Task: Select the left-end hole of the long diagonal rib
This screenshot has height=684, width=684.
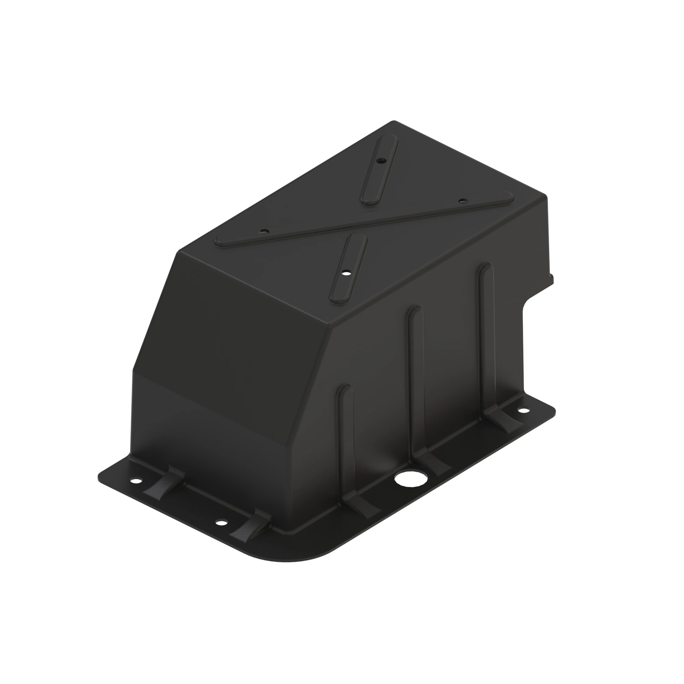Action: click(x=263, y=231)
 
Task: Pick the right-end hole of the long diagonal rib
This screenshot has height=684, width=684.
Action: click(x=462, y=201)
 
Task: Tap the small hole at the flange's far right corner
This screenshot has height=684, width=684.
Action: click(x=523, y=411)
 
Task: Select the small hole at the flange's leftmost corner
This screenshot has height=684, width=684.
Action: click(x=135, y=481)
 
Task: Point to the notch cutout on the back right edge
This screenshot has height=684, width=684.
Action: click(x=531, y=301)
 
